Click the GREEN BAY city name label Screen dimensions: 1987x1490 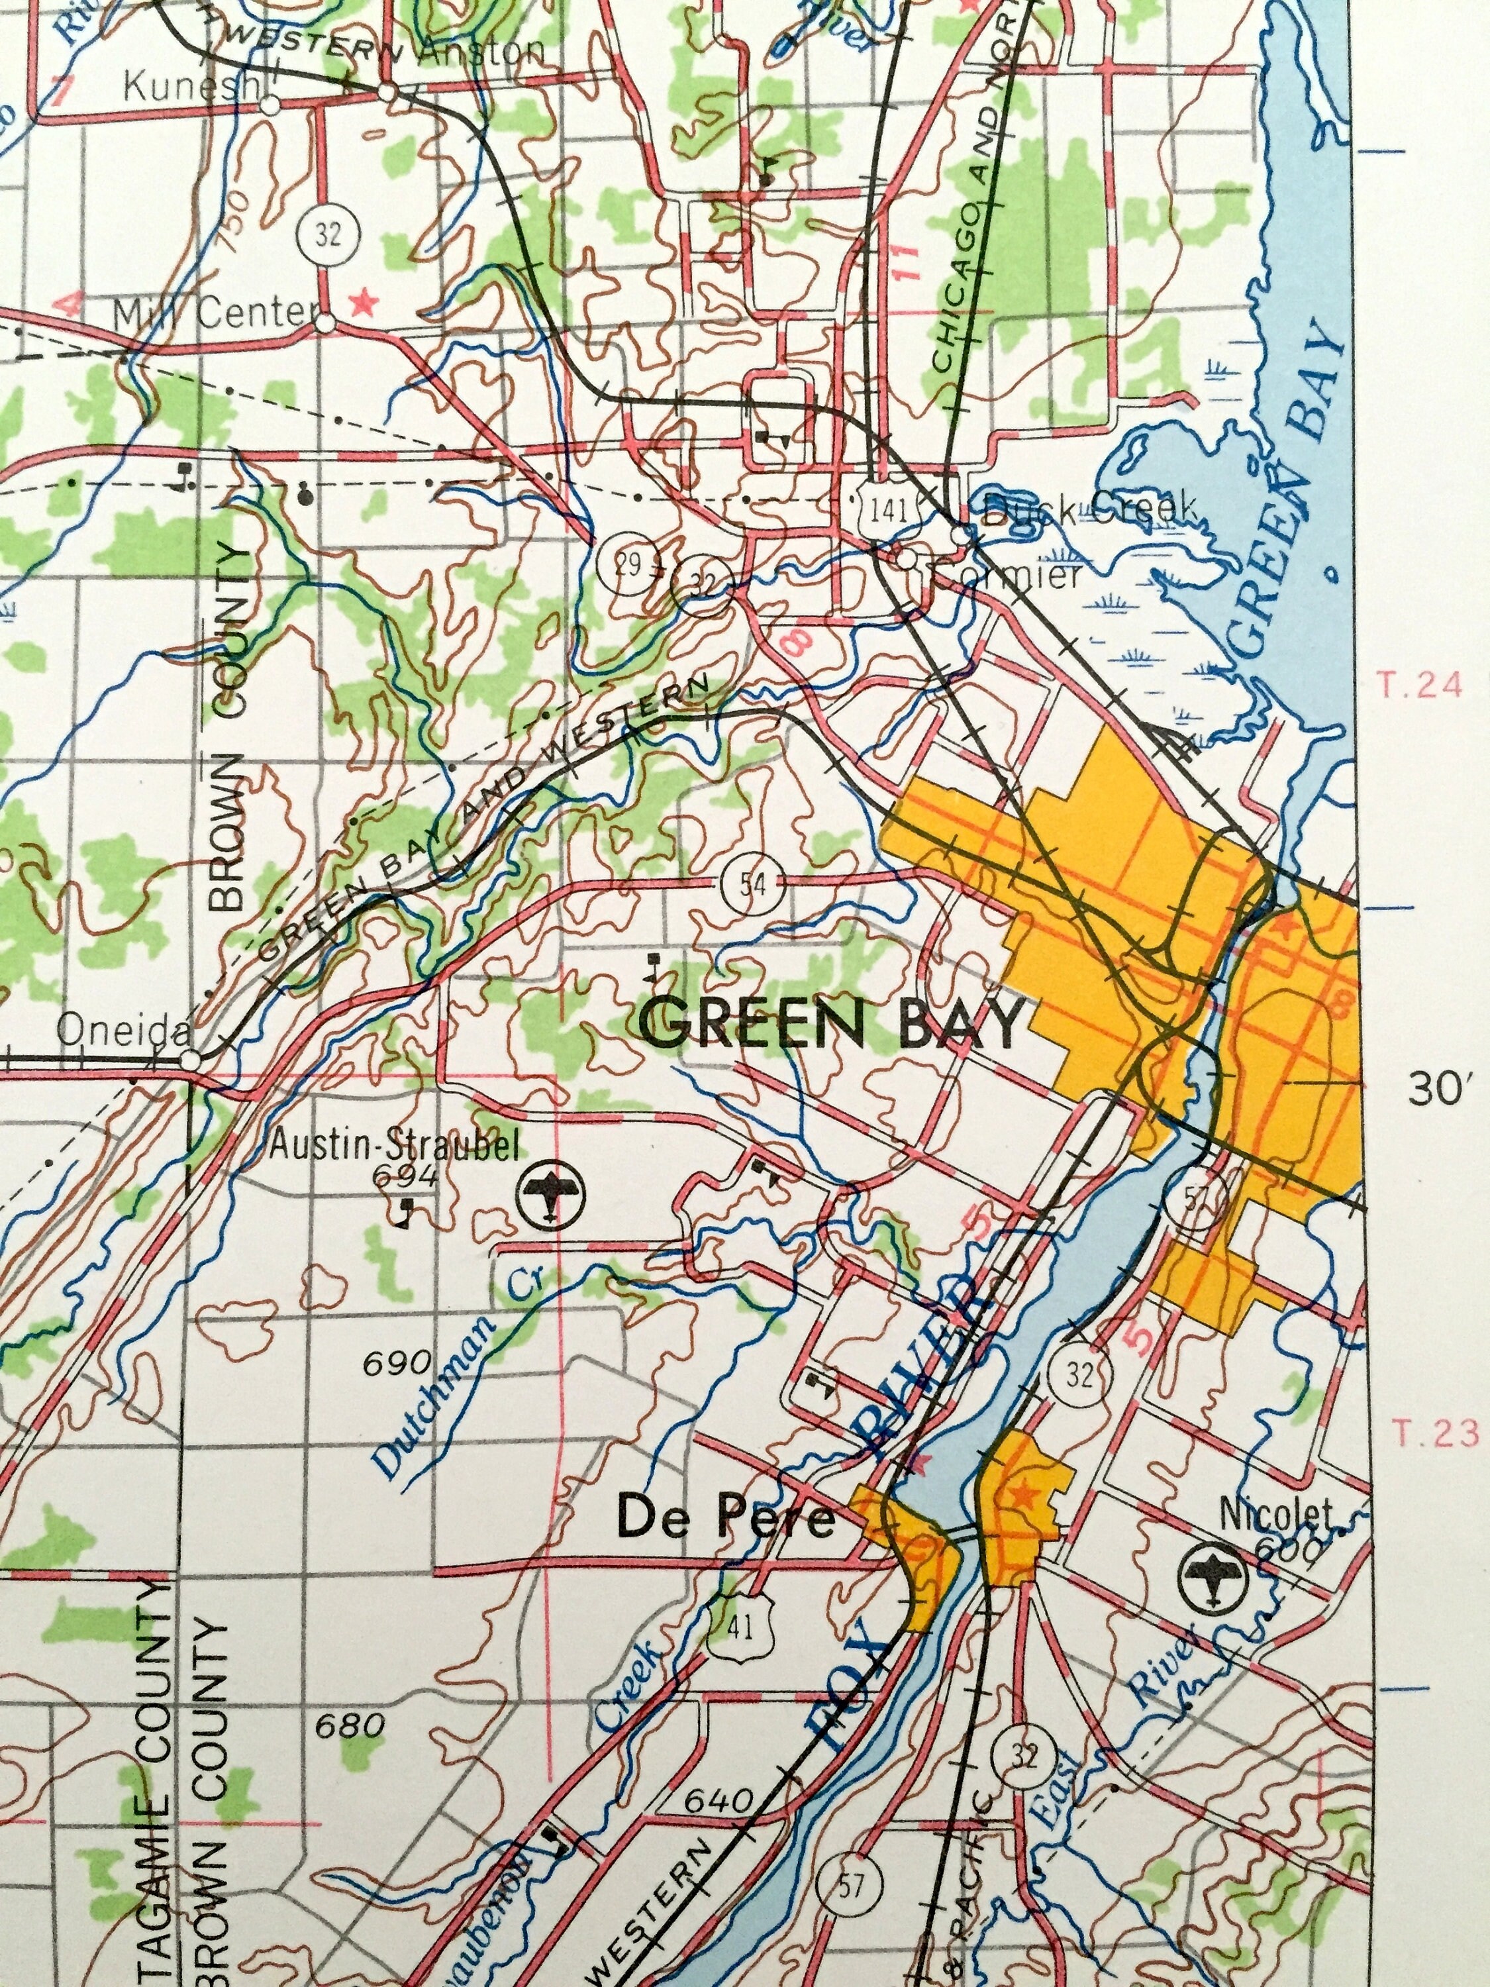[x=834, y=1024]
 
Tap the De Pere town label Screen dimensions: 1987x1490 [x=726, y=1520]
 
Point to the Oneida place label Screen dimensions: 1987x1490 [x=124, y=1032]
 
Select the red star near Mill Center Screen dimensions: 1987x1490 [x=363, y=303]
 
